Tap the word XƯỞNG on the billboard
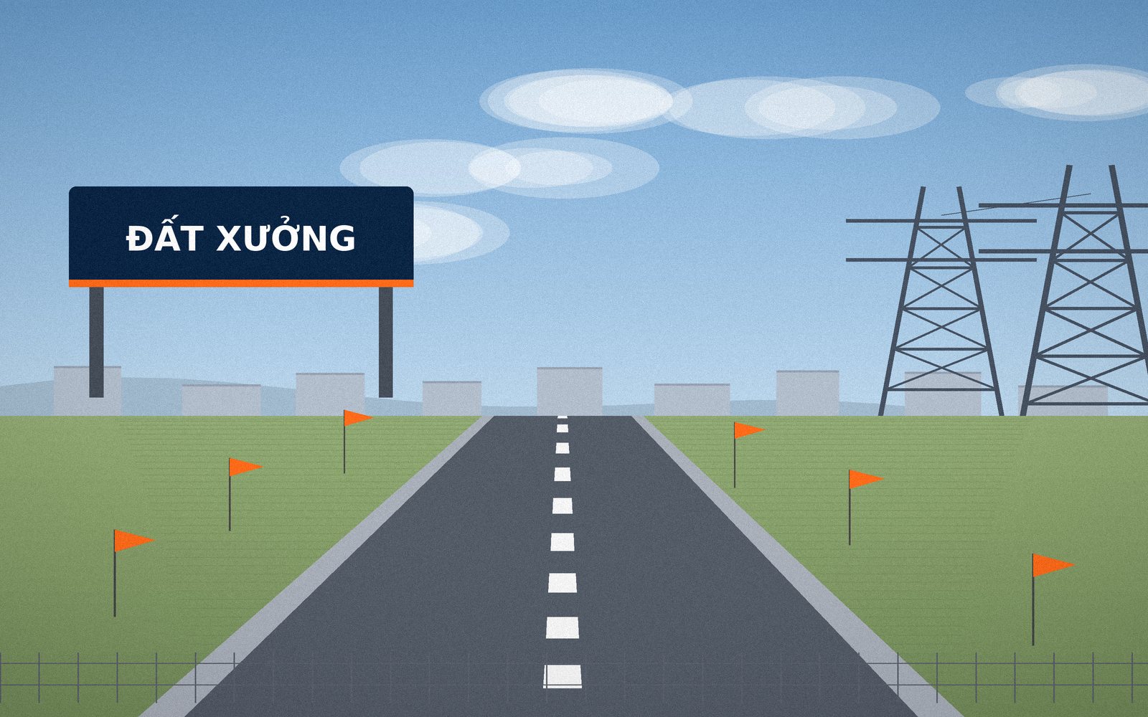(286, 237)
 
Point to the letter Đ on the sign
(139, 238)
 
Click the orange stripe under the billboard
(241, 283)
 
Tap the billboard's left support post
(96, 342)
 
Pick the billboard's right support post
(385, 342)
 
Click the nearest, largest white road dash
(563, 677)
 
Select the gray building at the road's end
(570, 391)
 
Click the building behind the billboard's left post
(87, 391)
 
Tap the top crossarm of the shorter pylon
(941, 221)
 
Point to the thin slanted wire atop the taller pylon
(1016, 204)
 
